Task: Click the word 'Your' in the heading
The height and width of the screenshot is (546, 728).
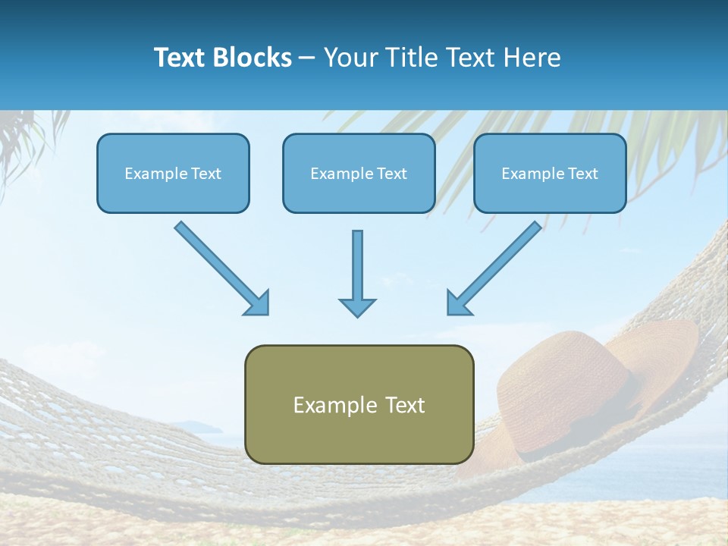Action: pos(350,58)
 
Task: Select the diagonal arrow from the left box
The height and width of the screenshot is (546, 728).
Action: pos(220,267)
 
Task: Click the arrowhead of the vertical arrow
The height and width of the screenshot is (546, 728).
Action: pos(357,306)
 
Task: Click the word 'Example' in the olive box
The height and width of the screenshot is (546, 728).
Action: pos(326,405)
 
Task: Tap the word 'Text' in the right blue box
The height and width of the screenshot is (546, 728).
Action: pos(583,174)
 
